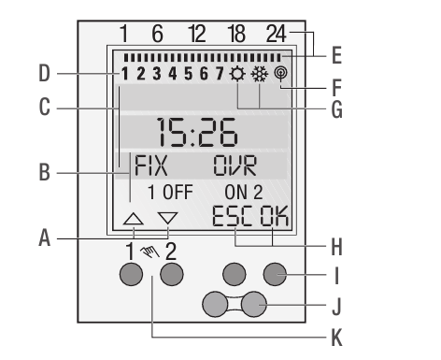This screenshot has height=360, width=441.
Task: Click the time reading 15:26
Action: [195, 134]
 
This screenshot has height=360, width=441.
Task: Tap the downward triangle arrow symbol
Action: [167, 221]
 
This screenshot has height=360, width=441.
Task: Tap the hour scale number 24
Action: [277, 35]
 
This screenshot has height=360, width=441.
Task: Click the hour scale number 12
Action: [197, 35]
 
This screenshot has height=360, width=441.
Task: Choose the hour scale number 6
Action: [158, 35]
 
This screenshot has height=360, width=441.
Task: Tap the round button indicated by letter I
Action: [274, 274]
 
